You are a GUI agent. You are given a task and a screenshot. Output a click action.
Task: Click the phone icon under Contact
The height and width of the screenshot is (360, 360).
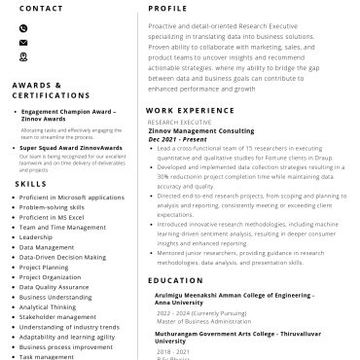23,28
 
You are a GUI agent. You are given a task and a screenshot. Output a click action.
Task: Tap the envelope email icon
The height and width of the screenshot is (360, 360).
23,43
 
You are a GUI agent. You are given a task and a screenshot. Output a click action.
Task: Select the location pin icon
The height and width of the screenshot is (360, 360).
23,56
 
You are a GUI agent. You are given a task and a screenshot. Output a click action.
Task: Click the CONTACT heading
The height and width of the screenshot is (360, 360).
42,8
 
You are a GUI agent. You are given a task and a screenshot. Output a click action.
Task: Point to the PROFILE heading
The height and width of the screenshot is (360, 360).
168,8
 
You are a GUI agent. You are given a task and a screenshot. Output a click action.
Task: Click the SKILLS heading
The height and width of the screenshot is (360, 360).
31,183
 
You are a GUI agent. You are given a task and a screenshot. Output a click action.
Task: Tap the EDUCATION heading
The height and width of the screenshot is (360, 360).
175,280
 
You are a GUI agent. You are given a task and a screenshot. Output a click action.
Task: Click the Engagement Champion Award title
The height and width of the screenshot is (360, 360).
68,114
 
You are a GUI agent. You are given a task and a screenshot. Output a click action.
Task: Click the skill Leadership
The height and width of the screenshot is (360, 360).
36,237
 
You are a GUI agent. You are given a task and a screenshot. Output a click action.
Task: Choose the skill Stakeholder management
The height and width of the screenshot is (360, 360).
57,316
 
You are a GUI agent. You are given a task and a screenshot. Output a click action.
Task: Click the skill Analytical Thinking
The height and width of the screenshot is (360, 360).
48,306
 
